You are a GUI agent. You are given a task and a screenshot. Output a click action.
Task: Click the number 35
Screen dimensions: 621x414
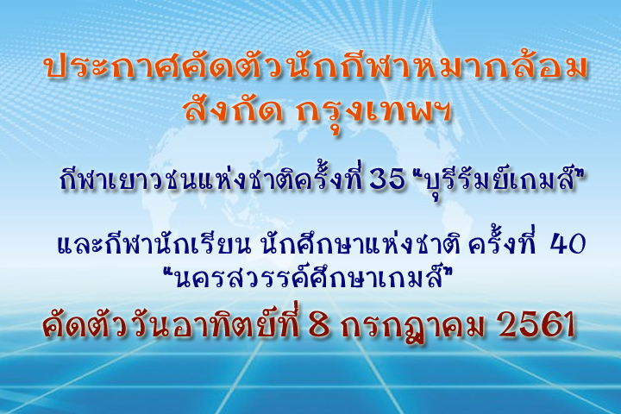pyautogui.click(x=387, y=180)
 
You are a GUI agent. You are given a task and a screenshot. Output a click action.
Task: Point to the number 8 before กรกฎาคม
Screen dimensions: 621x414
pyautogui.click(x=319, y=325)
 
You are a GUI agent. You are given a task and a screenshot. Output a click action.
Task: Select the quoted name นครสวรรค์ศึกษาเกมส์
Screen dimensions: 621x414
pyautogui.click(x=308, y=277)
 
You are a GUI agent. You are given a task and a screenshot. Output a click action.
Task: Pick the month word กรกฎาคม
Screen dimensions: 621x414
pyautogui.click(x=413, y=328)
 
